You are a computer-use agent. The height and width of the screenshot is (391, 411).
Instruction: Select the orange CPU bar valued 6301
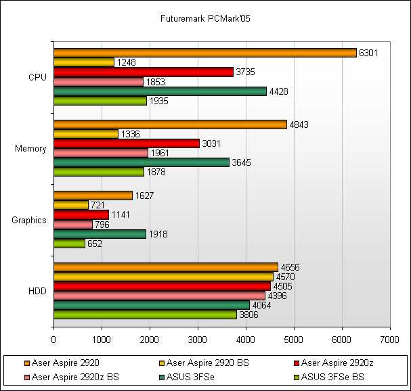[204, 53]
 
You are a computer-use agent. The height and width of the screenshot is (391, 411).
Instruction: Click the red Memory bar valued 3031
[126, 143]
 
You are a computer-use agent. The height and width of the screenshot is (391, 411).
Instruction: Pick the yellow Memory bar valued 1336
[85, 134]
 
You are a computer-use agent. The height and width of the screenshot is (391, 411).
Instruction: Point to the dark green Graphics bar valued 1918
[100, 234]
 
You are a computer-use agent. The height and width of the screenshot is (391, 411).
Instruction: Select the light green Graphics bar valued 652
[69, 244]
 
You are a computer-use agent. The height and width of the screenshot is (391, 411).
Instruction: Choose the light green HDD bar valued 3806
[145, 315]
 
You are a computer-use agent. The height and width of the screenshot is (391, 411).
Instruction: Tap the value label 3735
[244, 72]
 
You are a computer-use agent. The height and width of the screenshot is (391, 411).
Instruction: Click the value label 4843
[298, 124]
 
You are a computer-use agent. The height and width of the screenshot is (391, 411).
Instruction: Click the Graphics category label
[29, 220]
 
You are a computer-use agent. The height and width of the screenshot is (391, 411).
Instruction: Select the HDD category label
[37, 291]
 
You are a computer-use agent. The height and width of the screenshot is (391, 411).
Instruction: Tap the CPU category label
[37, 77]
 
